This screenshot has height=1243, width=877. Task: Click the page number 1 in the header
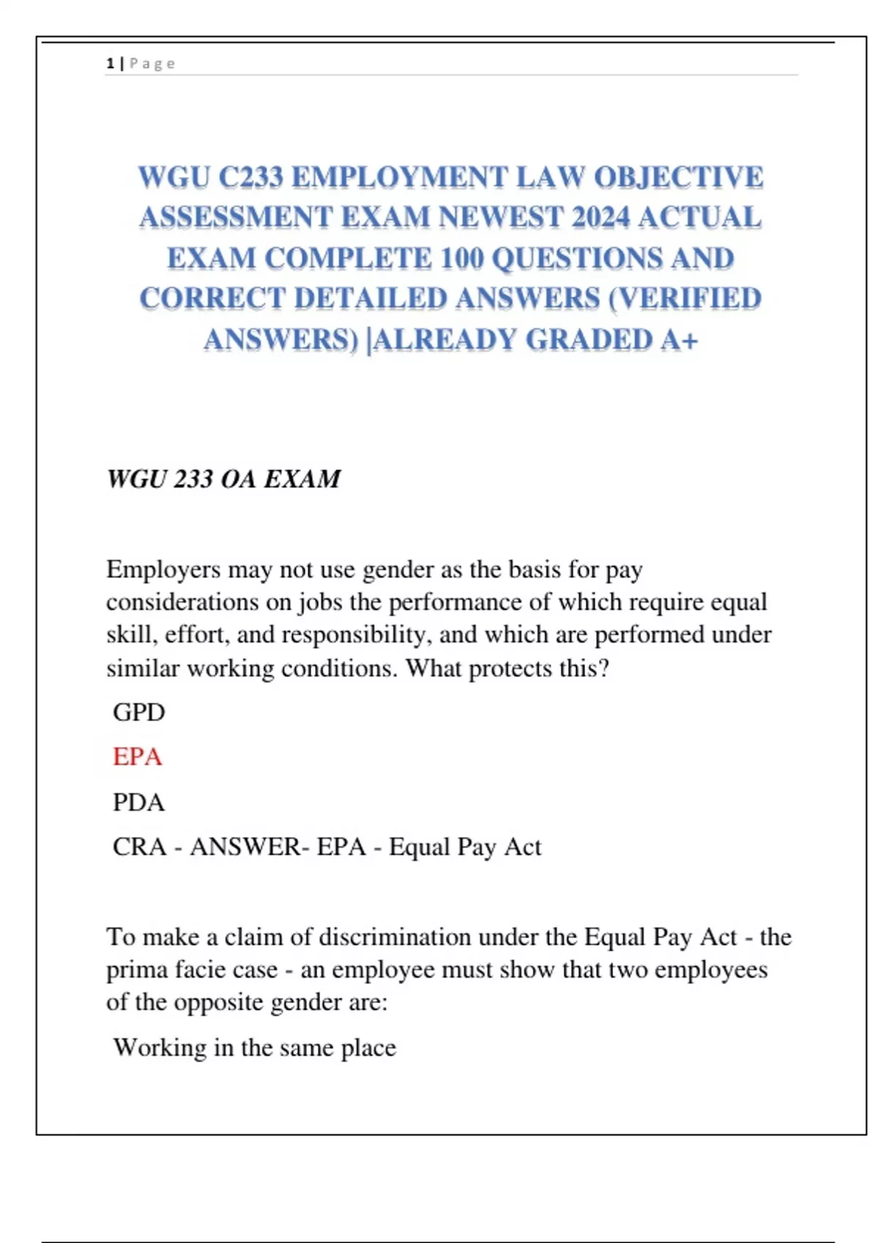point(110,64)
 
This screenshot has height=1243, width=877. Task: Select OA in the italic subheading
point(238,480)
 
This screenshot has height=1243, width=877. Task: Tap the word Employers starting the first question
point(163,570)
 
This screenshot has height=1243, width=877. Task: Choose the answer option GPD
point(139,712)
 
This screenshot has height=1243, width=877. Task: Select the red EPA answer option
point(137,757)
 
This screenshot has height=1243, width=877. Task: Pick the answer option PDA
point(139,803)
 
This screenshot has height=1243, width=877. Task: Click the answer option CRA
point(139,847)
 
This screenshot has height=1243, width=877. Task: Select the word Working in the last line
point(160,1048)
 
